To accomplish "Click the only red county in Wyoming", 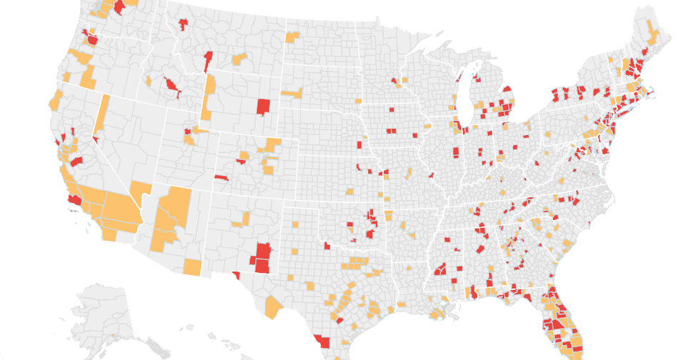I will click(x=263, y=106).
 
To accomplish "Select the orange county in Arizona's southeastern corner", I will click(x=192, y=267).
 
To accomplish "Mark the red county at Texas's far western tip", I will click(x=237, y=279).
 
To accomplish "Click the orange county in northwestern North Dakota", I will click(x=292, y=36).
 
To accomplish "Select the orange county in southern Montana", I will click(x=239, y=57).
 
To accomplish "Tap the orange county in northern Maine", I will click(x=652, y=29).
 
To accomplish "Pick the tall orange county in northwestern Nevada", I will click(x=102, y=114).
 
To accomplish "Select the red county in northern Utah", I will click(x=188, y=131).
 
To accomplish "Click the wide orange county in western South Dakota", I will click(x=292, y=93).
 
